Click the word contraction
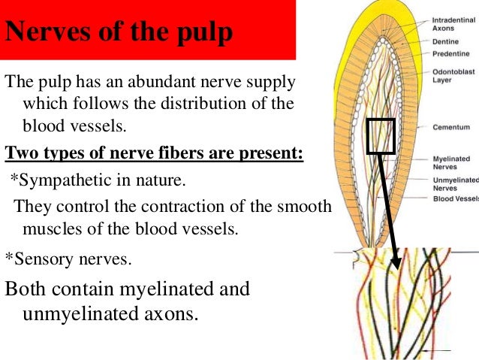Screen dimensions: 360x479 pyautogui.click(x=174, y=206)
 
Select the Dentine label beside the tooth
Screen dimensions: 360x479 pyautogui.click(x=445, y=42)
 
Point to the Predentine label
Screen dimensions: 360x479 pyautogui.click(x=451, y=53)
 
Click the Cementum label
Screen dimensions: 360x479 pyautogui.click(x=450, y=128)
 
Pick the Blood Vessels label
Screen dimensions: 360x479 pyautogui.click(x=455, y=198)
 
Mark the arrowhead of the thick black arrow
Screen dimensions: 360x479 pyautogui.click(x=396, y=267)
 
